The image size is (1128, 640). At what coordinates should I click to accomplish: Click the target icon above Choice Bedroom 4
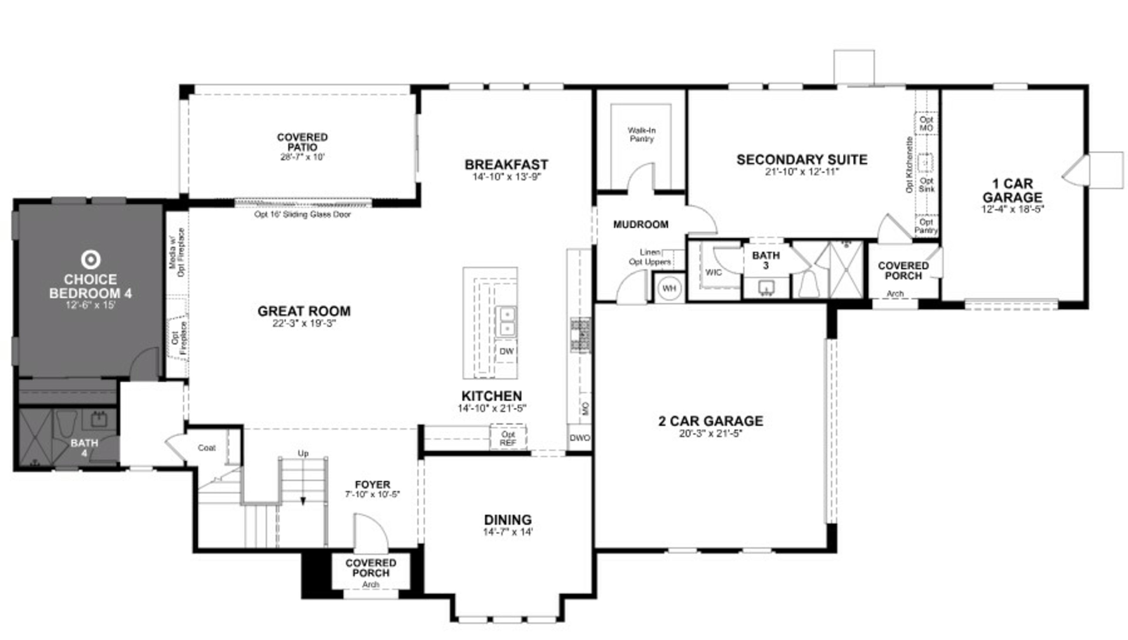90,259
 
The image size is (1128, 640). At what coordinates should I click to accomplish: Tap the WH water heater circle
669,288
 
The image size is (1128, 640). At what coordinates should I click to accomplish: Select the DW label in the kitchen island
507,351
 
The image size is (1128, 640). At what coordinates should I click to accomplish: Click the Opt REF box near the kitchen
508,438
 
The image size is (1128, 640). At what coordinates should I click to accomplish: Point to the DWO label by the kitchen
580,438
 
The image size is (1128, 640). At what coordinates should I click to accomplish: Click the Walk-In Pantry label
641,134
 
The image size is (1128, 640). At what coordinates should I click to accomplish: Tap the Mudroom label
641,225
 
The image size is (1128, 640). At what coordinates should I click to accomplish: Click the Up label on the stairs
303,453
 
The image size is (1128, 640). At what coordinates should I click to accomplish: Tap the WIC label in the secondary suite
713,272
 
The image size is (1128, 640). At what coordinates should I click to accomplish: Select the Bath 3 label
766,260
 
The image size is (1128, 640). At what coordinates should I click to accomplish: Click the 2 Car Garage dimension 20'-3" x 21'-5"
711,433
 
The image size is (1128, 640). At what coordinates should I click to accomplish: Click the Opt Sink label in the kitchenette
926,185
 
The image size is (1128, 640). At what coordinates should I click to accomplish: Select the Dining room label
508,520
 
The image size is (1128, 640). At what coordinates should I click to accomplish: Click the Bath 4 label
84,447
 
